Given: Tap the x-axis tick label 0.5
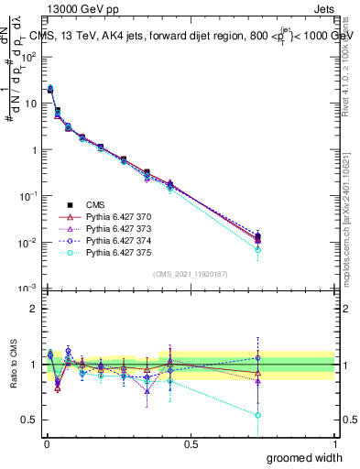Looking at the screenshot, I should (190, 443).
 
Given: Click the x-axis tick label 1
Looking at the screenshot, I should (333, 443).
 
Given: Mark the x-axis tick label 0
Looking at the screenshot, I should (46, 443).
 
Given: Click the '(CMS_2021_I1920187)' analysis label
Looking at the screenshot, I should (190, 274).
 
